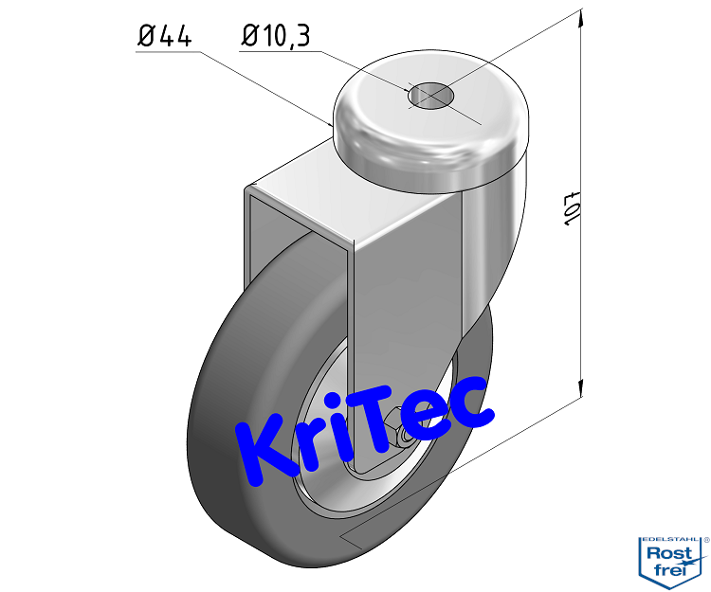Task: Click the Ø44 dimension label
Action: pos(166,36)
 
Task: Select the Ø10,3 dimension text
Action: pos(276,36)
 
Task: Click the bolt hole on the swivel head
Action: pos(429,95)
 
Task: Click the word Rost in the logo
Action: pos(670,553)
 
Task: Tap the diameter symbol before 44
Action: pos(148,36)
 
